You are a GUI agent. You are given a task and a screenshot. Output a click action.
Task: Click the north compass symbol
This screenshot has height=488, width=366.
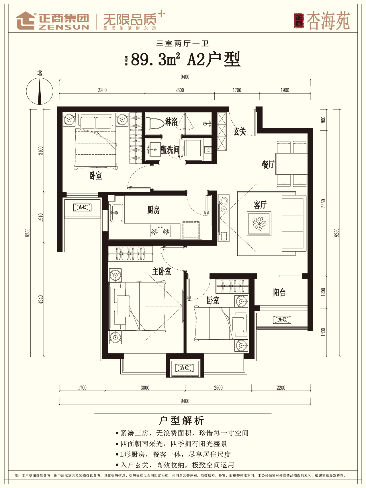tap(40, 91)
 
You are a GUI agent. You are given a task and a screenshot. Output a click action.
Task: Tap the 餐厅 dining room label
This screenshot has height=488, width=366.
tap(268, 164)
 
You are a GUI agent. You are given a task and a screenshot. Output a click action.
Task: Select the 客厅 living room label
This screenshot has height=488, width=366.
tap(260, 205)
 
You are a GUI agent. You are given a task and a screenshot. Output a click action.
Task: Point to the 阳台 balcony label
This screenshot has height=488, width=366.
tap(279, 292)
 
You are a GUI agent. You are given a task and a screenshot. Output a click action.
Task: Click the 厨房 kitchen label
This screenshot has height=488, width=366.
tap(154, 210)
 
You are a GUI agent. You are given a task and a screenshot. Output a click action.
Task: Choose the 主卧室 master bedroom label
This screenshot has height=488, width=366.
tap(162, 271)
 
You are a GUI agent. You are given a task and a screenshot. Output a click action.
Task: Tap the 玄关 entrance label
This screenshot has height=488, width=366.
tap(240, 131)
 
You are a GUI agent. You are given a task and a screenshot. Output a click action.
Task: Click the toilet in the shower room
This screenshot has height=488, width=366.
tap(155, 124)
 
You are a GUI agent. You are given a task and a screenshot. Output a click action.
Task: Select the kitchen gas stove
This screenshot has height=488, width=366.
tap(161, 231)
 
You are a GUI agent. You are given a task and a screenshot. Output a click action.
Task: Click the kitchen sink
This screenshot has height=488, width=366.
tap(117, 213)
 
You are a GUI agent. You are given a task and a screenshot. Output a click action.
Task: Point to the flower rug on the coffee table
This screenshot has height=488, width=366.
tap(259, 223)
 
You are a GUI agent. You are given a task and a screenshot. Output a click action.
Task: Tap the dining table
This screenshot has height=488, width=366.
tap(291, 164)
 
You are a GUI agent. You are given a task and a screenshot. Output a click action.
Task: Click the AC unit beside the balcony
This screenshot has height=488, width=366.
tap(282, 320)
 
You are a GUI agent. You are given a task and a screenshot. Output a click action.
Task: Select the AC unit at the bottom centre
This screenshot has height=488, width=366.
tap(185, 368)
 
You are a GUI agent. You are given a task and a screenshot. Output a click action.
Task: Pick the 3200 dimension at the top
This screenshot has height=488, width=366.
tap(102, 90)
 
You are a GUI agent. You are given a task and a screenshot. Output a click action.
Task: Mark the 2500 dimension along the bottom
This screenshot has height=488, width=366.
tap(218, 388)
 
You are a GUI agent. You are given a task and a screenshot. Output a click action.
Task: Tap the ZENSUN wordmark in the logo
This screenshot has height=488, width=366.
tap(64, 27)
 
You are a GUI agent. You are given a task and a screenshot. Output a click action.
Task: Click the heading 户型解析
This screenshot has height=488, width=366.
tap(181, 421)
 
